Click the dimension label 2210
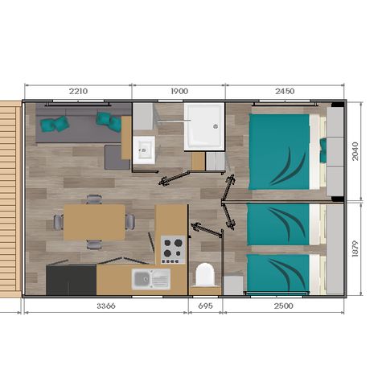[x=77, y=92]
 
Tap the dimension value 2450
[x=284, y=92]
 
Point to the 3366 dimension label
[x=106, y=306]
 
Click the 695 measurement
[x=205, y=306]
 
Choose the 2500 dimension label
[x=283, y=306]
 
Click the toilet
[x=204, y=276]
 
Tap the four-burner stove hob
[x=171, y=249]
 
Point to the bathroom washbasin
[x=145, y=150]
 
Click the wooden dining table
[x=94, y=222]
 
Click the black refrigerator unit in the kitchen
[x=71, y=280]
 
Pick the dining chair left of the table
[x=57, y=222]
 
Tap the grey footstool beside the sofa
[x=118, y=158]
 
